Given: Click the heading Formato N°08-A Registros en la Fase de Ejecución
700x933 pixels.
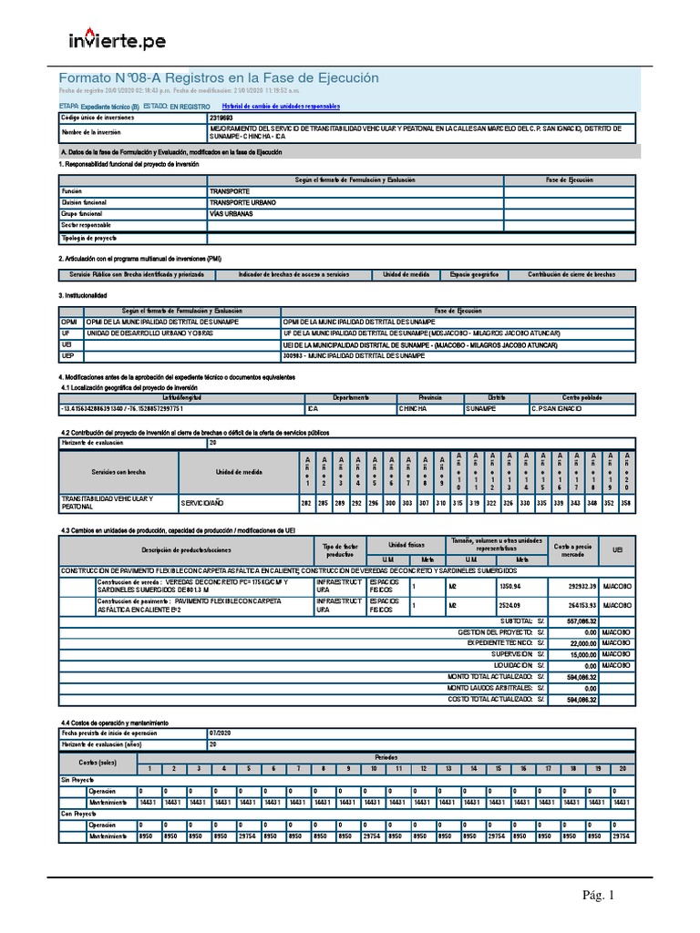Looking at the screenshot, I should (x=218, y=78).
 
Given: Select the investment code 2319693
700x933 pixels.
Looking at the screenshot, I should (x=221, y=118).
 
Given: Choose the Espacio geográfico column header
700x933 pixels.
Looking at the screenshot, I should (x=468, y=274).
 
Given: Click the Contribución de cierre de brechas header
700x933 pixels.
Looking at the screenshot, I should (x=571, y=274).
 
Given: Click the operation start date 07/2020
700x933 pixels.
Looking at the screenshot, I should (x=221, y=733).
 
